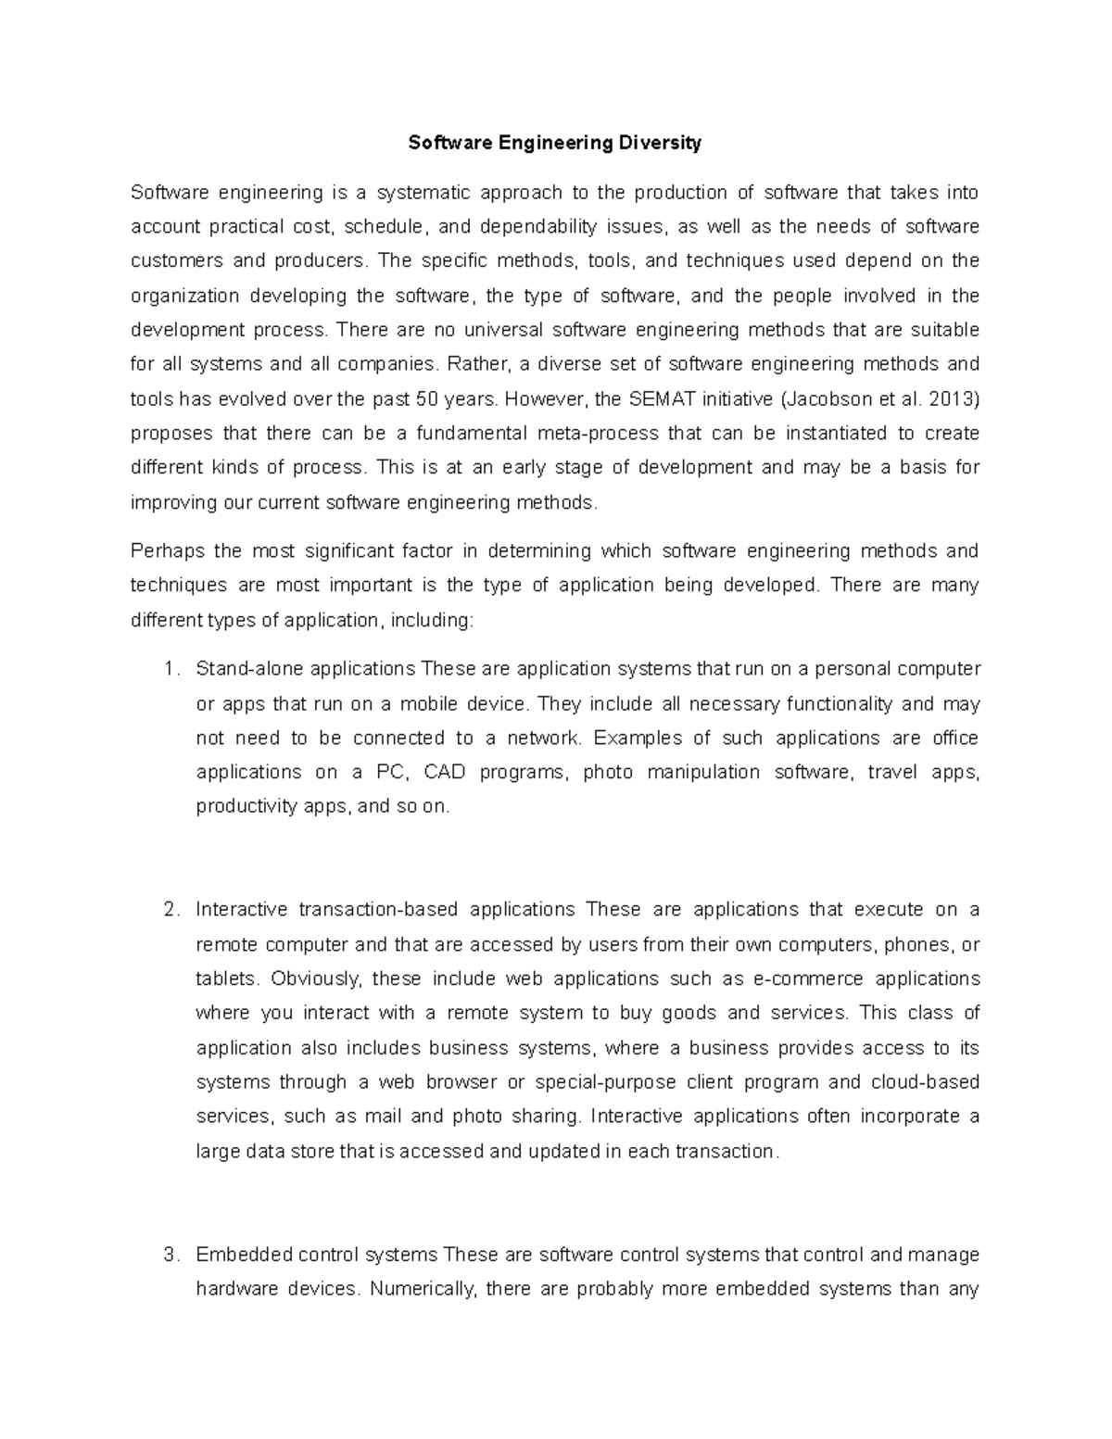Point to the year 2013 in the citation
coord(954,399)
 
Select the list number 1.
coord(169,669)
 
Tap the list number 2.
coord(169,910)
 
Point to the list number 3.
coord(169,1255)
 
